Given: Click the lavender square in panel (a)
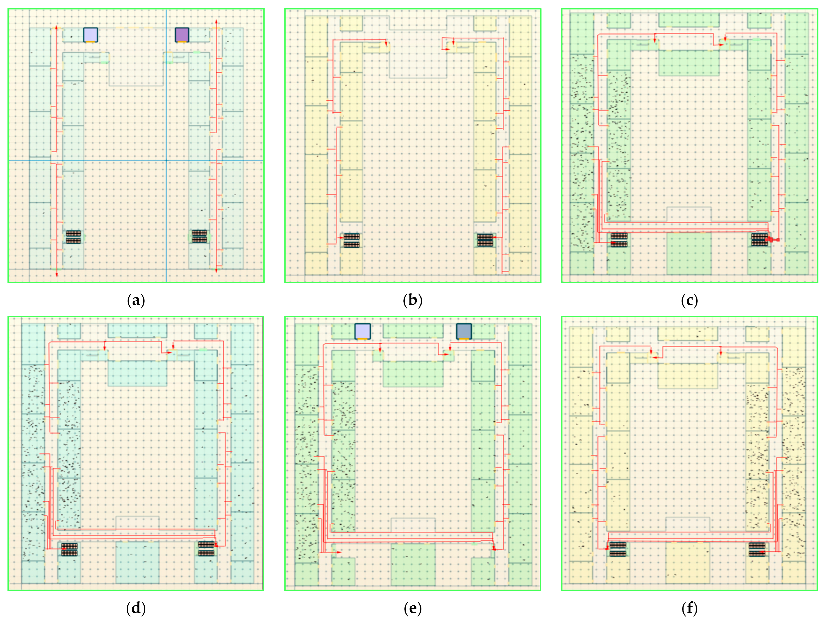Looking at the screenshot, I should (90, 35).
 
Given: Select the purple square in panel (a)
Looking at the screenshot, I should (182, 35).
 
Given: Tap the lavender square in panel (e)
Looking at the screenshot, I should (362, 331).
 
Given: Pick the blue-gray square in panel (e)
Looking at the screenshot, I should (464, 331).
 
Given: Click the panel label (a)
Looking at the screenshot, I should (136, 300).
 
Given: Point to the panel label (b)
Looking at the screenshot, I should (413, 300).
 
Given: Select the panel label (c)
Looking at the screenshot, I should (689, 300).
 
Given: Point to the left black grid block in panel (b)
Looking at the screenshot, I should (352, 240).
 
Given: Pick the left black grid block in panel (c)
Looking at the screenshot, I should (619, 240).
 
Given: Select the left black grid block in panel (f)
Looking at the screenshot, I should (618, 549).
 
